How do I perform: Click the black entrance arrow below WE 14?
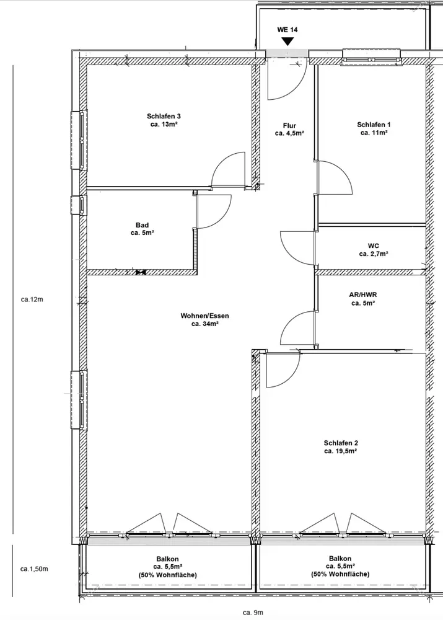pyautogui.click(x=287, y=42)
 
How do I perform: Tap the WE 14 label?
pyautogui.click(x=287, y=30)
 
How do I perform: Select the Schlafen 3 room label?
pyautogui.click(x=164, y=117)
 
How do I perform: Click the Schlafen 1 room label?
pyautogui.click(x=374, y=125)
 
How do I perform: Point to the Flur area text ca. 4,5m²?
pyautogui.click(x=289, y=134)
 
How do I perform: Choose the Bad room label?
pyautogui.click(x=143, y=226)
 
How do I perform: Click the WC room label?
pyautogui.click(x=374, y=246)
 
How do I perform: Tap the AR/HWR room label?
pyautogui.click(x=363, y=295)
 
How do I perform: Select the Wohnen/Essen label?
pyautogui.click(x=204, y=316)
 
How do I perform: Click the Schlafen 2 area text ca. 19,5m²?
pyautogui.click(x=341, y=451)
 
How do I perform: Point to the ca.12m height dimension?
pyautogui.click(x=32, y=299)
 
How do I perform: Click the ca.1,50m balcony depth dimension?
pyautogui.click(x=34, y=569)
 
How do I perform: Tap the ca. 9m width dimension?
pyautogui.click(x=253, y=613)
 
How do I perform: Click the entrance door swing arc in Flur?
pyautogui.click(x=297, y=88)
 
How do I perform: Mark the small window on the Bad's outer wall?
pyautogui.click(x=79, y=205)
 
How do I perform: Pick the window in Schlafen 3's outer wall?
pyautogui.click(x=79, y=140)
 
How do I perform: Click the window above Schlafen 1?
pyautogui.click(x=372, y=56)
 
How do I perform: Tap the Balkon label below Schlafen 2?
pyautogui.click(x=340, y=559)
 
